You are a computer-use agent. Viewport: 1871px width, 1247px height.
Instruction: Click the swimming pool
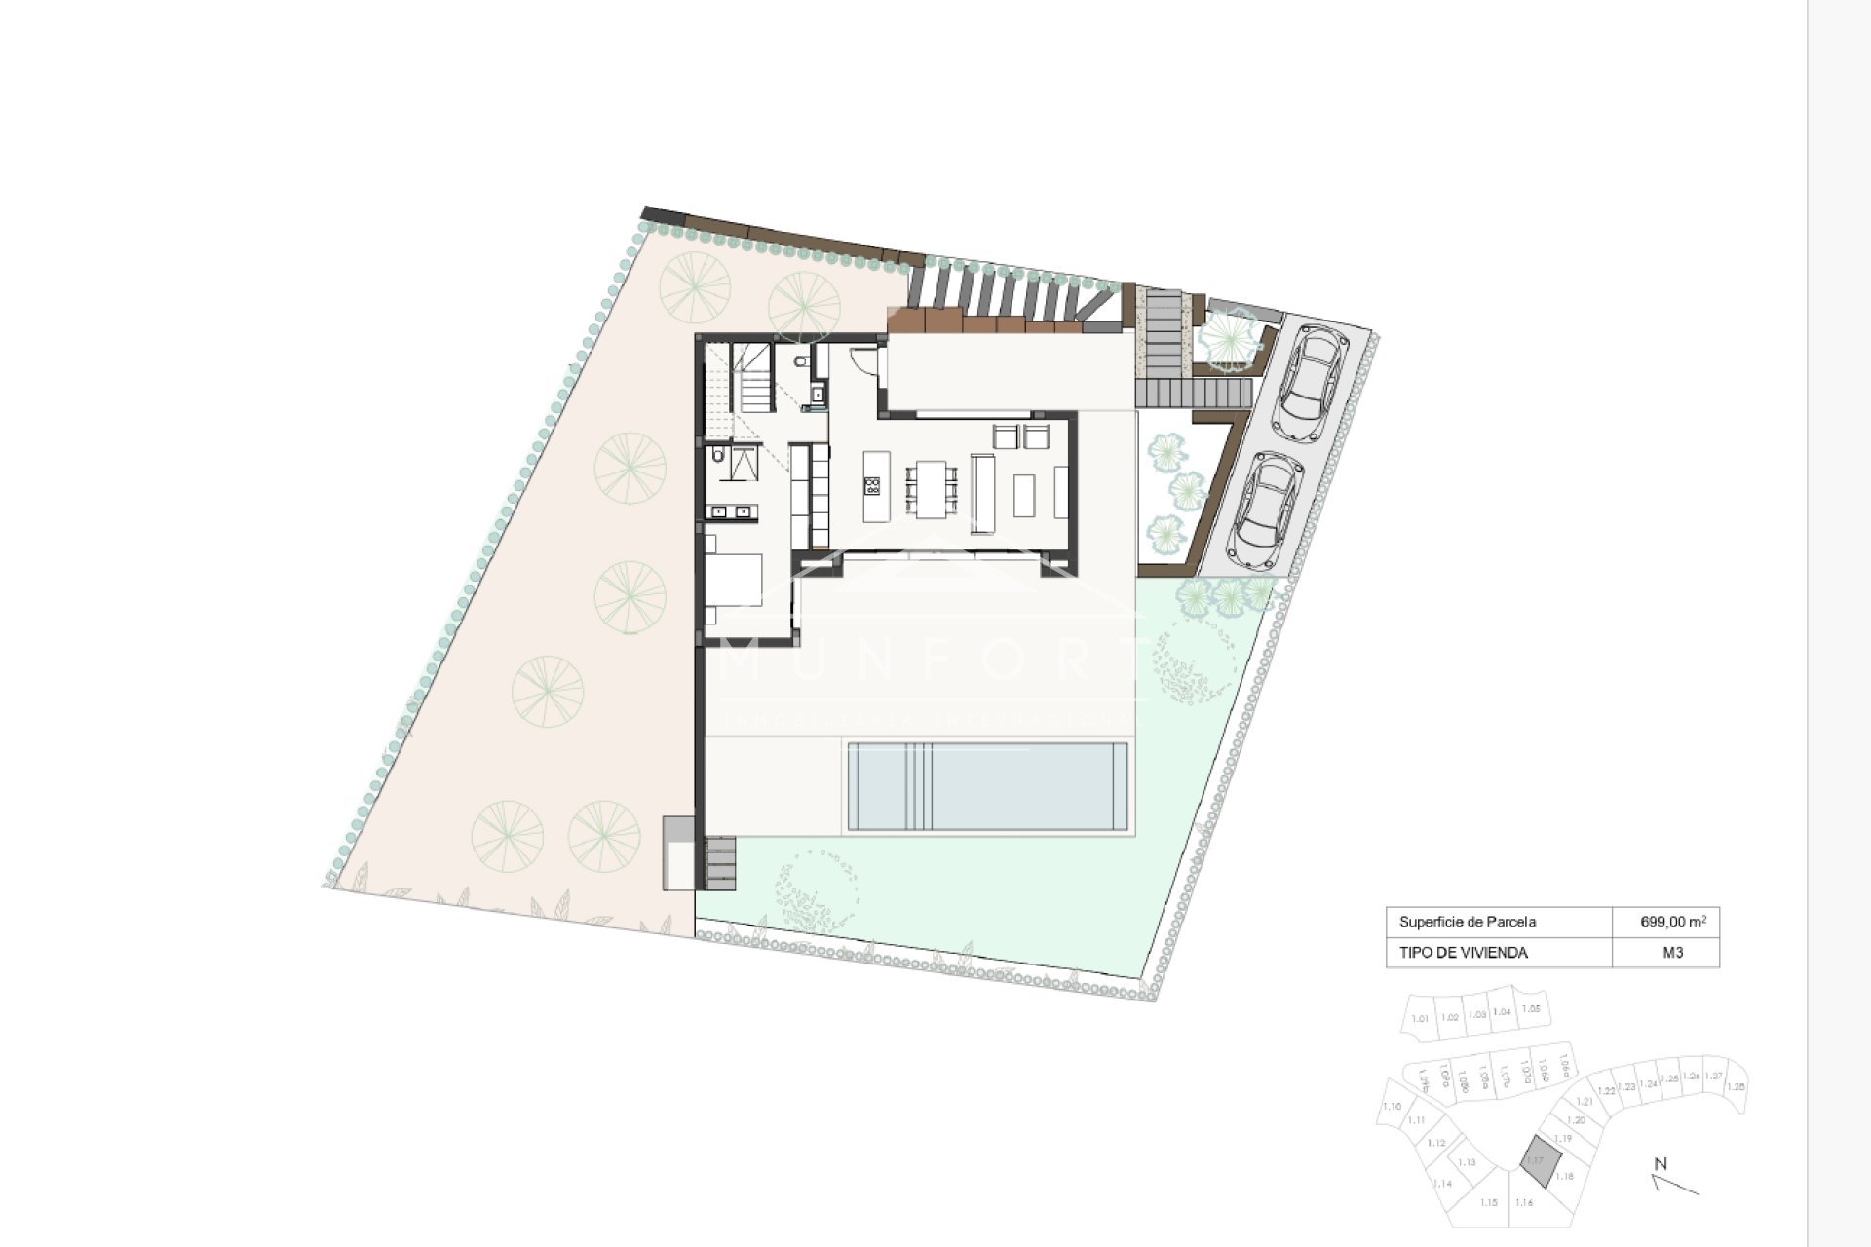point(987,786)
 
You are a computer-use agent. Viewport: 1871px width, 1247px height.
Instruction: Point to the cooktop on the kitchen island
point(872,485)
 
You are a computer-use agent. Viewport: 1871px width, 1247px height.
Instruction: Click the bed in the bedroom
point(732,581)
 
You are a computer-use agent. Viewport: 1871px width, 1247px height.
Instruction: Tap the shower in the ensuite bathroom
point(745,464)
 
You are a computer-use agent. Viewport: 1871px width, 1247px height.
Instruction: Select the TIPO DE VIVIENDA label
point(1463,953)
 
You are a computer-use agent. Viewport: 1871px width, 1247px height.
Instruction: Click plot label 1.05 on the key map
point(1531,1009)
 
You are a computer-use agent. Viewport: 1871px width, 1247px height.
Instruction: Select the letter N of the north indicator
point(1661,1163)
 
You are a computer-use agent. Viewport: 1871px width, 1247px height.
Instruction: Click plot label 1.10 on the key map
point(1393,1107)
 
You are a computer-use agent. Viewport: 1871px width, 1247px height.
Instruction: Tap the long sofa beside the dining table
point(981,494)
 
